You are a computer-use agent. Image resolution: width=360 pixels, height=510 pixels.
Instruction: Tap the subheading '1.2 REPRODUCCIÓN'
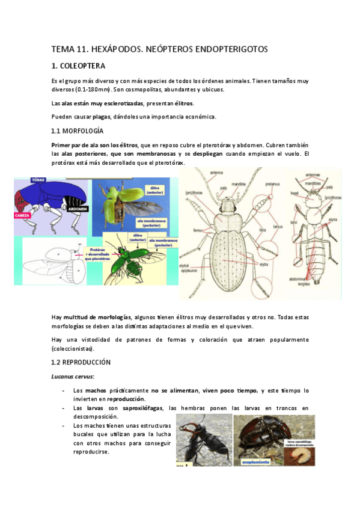point(81,362)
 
